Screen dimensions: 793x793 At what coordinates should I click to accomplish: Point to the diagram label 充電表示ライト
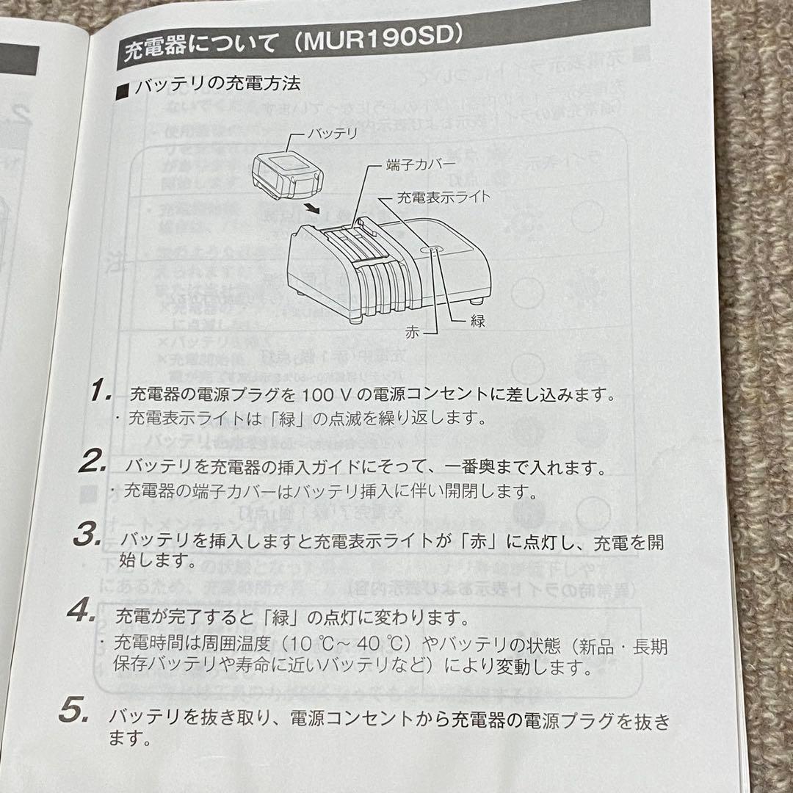(x=443, y=196)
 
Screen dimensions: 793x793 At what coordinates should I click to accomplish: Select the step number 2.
(x=95, y=463)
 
